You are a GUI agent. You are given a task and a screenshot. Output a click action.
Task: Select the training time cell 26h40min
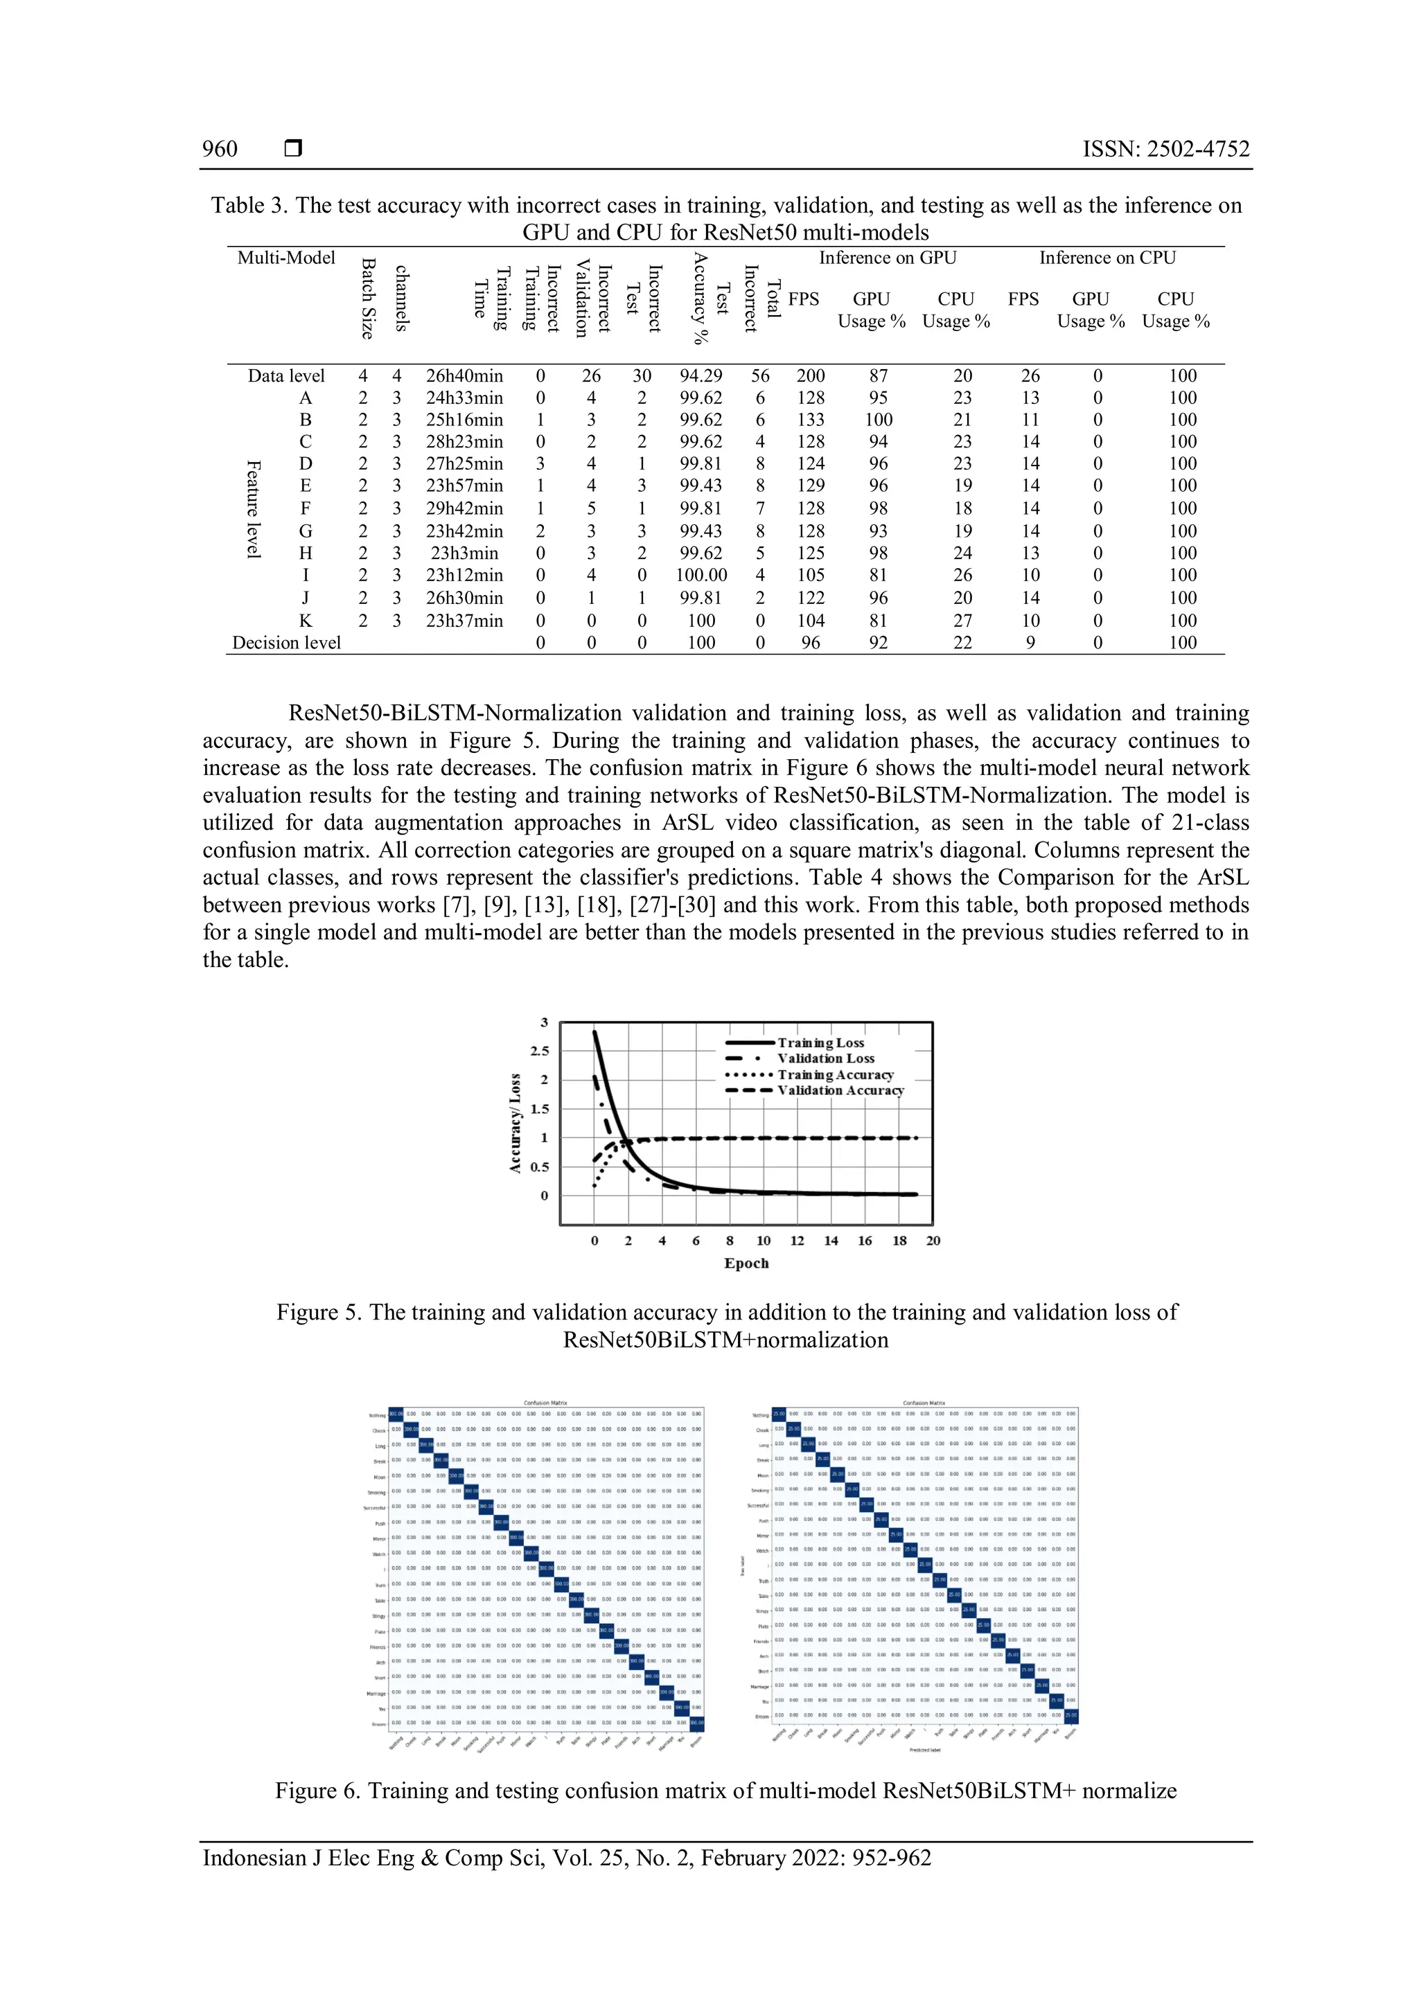464,375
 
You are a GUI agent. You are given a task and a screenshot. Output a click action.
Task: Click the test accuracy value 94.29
700,375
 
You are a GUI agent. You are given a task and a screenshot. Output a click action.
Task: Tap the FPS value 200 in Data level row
810,375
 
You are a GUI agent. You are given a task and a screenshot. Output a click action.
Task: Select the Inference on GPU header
887,258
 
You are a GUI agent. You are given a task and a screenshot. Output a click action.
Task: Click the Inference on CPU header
1107,258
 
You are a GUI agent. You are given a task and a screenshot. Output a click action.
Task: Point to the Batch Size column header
369,299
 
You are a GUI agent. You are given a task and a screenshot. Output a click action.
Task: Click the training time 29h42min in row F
464,508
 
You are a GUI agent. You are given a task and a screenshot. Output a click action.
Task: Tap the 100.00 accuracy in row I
700,575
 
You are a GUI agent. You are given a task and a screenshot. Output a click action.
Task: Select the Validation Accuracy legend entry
840,1090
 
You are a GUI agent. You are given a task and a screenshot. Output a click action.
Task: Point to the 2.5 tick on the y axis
540,1051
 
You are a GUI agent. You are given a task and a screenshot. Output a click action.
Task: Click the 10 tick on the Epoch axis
763,1241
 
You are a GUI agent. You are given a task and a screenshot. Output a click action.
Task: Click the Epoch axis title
746,1263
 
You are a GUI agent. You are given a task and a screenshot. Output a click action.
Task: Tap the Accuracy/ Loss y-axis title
515,1123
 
